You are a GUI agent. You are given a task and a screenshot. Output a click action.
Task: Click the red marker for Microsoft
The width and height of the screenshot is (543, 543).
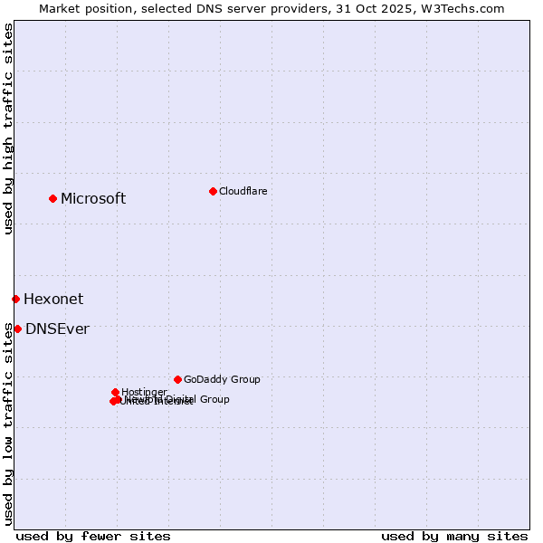(x=52, y=198)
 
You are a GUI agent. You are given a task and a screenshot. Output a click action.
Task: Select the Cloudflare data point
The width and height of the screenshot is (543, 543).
(x=213, y=191)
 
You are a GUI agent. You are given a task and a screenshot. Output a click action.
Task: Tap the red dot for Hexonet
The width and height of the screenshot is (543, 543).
(x=15, y=299)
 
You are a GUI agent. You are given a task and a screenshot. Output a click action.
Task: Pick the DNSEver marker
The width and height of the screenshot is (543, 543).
(x=17, y=329)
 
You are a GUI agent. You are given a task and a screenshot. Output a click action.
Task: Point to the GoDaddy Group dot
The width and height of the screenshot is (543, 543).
(x=177, y=379)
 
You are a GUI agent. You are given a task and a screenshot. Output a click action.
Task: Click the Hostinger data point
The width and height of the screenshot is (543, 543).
(x=115, y=392)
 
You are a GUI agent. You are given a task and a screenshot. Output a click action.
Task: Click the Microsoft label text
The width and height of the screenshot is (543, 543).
(x=93, y=199)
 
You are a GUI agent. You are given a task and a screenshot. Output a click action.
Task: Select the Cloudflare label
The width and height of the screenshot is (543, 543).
(x=243, y=191)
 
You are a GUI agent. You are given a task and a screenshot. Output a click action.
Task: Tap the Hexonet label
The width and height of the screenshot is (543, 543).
(x=53, y=300)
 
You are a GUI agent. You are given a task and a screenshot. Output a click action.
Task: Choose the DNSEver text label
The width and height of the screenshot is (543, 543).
(x=57, y=329)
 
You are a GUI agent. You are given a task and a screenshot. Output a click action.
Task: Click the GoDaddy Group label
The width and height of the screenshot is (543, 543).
(x=222, y=379)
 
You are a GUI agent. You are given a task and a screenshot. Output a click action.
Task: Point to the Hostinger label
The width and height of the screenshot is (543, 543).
(x=144, y=392)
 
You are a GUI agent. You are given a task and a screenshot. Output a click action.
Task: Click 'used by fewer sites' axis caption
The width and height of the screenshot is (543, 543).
(x=93, y=536)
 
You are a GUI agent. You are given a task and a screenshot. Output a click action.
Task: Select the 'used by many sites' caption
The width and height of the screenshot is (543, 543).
(x=454, y=536)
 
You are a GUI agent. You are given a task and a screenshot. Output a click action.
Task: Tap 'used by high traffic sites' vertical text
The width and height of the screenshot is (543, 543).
(x=8, y=129)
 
